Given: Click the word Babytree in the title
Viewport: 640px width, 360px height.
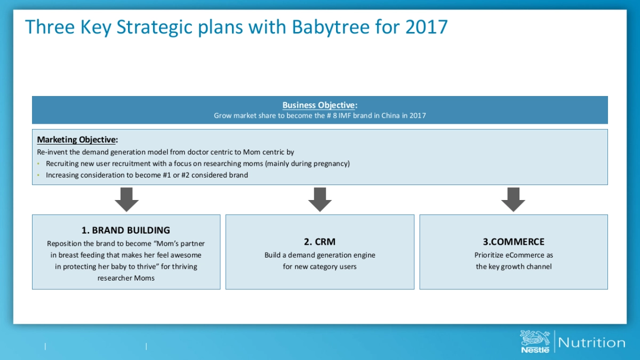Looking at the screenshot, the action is click(331, 27).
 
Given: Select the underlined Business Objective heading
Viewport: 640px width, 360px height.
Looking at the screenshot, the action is click(318, 105).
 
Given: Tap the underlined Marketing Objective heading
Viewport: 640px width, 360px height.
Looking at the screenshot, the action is click(76, 139).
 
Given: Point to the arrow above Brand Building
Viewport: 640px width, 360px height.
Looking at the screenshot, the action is click(126, 199).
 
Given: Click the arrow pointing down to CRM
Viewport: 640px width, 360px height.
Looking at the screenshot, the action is click(319, 199).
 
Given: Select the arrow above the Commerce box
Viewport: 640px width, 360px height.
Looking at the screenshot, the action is click(513, 199).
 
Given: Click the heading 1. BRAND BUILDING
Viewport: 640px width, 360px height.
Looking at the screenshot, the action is click(126, 230).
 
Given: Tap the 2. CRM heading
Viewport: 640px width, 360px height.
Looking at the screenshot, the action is click(319, 242).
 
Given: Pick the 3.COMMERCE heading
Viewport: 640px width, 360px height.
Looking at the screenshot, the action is click(514, 242).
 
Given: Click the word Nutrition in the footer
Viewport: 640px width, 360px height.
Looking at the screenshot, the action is click(591, 342).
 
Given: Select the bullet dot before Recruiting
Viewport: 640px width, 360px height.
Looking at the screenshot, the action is click(38, 164).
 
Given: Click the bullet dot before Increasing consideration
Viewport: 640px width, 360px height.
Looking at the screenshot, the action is click(38, 175).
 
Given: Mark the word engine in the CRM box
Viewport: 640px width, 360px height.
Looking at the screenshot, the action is click(364, 255).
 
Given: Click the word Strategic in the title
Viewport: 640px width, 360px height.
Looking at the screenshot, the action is click(154, 28).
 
